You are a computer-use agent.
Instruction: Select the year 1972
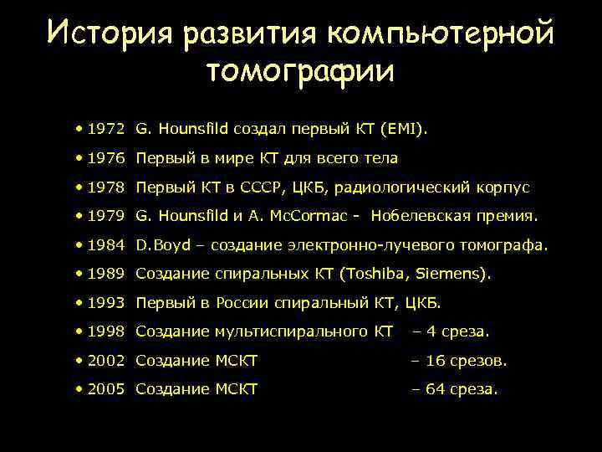(x=105, y=130)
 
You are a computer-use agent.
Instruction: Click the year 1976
(x=105, y=158)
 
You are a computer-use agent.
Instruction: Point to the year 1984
(x=105, y=245)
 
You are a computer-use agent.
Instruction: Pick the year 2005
(x=105, y=388)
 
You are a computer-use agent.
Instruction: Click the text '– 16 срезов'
(x=459, y=360)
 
